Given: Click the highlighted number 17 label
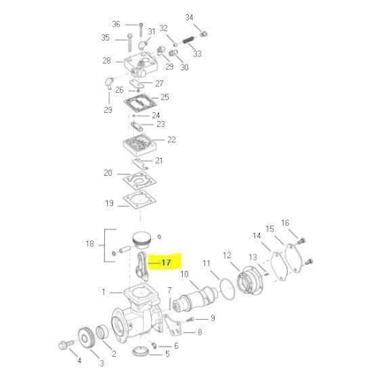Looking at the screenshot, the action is click(x=166, y=262).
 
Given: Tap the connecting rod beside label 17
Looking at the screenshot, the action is click(x=142, y=265).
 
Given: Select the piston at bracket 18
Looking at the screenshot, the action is click(x=141, y=240).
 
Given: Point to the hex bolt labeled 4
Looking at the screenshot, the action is click(x=66, y=344).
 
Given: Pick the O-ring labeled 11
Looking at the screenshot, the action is click(x=227, y=290).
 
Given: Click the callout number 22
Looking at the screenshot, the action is click(x=171, y=140).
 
